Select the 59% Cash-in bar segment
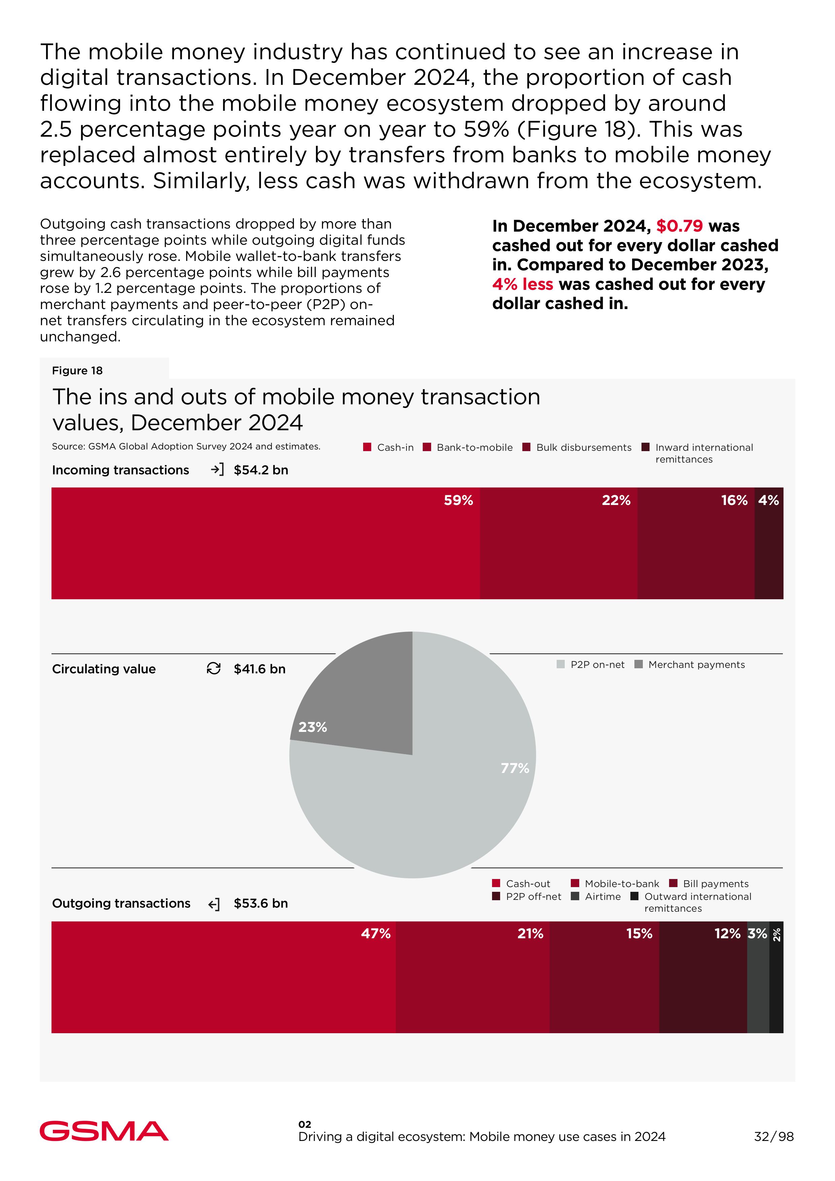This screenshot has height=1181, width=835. click(265, 543)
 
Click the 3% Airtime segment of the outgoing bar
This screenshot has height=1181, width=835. click(758, 977)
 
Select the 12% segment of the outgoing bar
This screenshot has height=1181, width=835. click(702, 977)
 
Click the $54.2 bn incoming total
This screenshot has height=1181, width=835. click(261, 470)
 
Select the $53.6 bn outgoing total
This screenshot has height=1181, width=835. click(261, 903)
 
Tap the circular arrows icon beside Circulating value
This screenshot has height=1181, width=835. click(213, 668)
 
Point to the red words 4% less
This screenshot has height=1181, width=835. click(522, 284)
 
